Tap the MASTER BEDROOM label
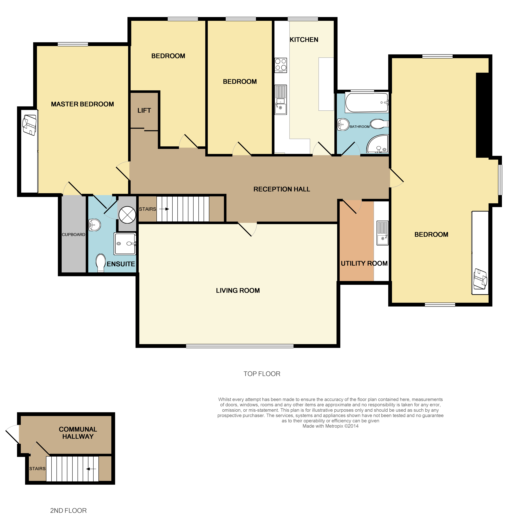tap(82, 104)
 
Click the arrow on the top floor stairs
tap(164, 209)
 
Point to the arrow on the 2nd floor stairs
tap(91, 469)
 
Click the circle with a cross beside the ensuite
tap(127, 215)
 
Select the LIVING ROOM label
tap(238, 290)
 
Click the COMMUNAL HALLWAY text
tap(78, 433)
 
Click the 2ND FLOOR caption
tap(68, 511)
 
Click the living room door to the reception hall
tap(247, 229)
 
